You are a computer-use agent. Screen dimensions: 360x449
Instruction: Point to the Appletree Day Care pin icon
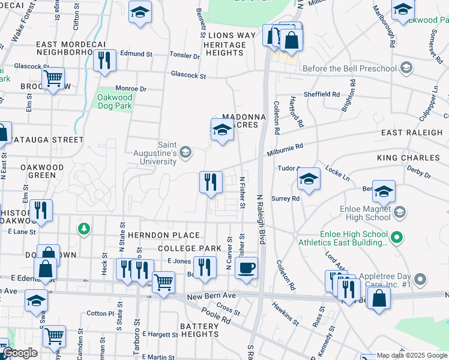(x=420, y=279)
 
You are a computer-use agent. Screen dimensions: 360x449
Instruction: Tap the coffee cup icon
(x=246, y=268)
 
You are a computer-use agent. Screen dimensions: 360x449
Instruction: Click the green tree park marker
(x=84, y=228)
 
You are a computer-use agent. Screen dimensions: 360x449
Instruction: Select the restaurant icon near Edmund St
(x=104, y=61)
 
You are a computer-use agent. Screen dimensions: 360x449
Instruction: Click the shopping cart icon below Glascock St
(x=53, y=78)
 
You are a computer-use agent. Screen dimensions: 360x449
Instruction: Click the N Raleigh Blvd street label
(x=261, y=218)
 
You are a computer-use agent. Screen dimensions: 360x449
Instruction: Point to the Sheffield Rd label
(x=322, y=94)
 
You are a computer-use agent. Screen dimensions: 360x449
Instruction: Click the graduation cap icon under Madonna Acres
(x=221, y=130)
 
